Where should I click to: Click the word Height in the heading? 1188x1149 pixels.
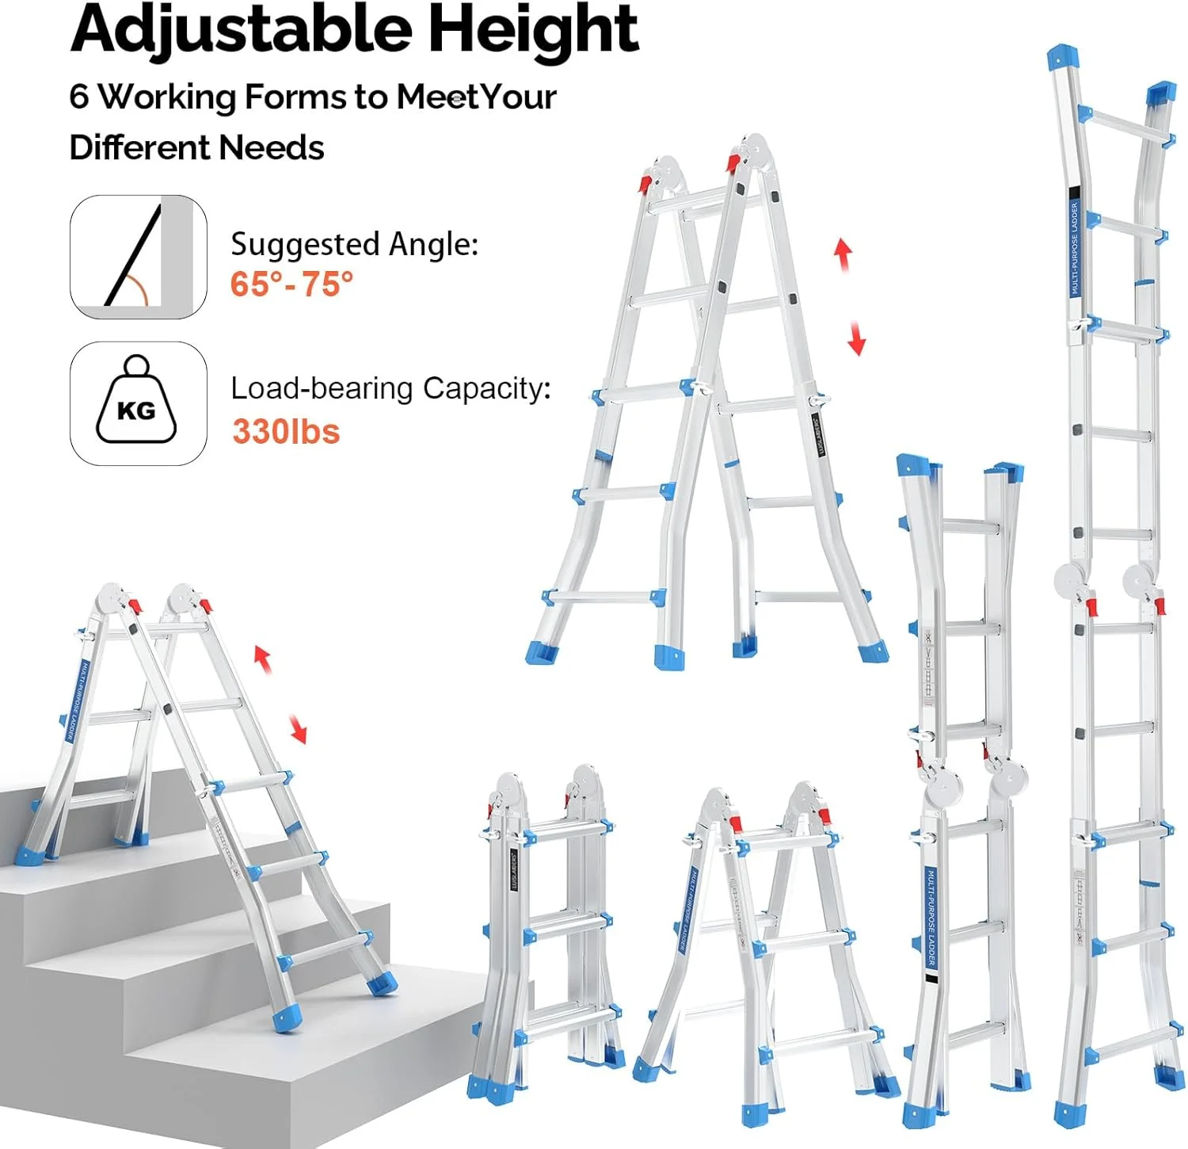point(532,30)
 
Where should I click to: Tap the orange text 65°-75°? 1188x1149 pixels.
point(291,284)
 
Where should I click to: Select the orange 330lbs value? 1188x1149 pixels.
point(286,432)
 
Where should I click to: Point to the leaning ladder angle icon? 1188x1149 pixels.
point(138,257)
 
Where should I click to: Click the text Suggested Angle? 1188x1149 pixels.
point(354,244)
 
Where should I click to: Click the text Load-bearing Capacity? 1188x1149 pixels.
point(390,388)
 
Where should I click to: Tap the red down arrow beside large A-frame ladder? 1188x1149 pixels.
point(856,338)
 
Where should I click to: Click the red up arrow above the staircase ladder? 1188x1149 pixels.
point(263,658)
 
